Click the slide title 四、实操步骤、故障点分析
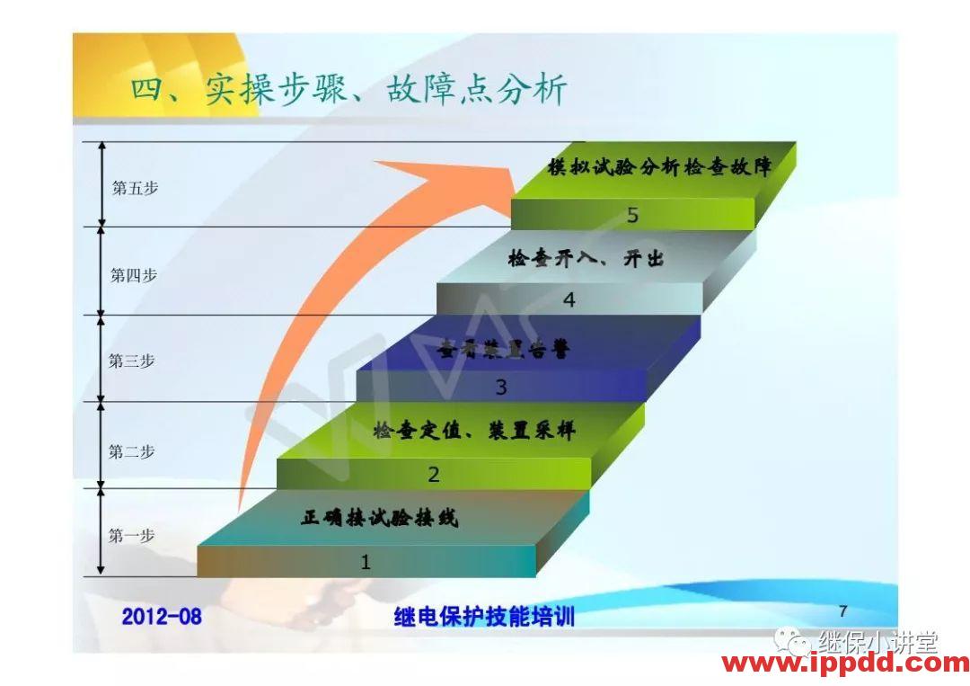click(x=348, y=91)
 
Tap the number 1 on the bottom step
click(x=365, y=563)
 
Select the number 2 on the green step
click(x=433, y=475)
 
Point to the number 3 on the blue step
click(x=501, y=388)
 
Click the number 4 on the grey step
click(x=569, y=300)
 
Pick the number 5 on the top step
click(x=632, y=215)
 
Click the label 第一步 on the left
click(x=132, y=536)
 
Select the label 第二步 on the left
click(x=132, y=452)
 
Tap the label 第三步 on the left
click(x=132, y=361)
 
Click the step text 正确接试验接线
click(x=379, y=519)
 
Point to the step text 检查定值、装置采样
click(x=474, y=431)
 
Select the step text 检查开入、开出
click(x=585, y=259)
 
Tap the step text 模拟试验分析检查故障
click(x=659, y=167)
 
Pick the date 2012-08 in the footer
click(x=162, y=617)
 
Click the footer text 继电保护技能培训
click(x=483, y=617)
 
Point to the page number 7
click(x=842, y=610)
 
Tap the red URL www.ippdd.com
click(x=845, y=664)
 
